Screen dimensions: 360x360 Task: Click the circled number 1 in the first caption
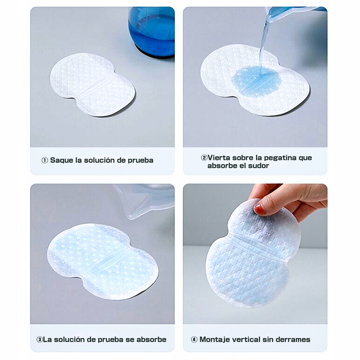(x=45, y=160)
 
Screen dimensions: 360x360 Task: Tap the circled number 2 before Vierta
(x=204, y=158)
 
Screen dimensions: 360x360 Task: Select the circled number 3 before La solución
(x=40, y=339)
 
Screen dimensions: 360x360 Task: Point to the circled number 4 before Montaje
(x=194, y=339)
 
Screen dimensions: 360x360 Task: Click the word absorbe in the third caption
(x=151, y=339)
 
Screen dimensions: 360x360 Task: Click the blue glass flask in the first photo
(x=151, y=32)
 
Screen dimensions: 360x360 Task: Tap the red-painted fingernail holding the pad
(x=260, y=209)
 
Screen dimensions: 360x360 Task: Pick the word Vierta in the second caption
(x=219, y=158)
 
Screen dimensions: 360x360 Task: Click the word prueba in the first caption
(x=140, y=161)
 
